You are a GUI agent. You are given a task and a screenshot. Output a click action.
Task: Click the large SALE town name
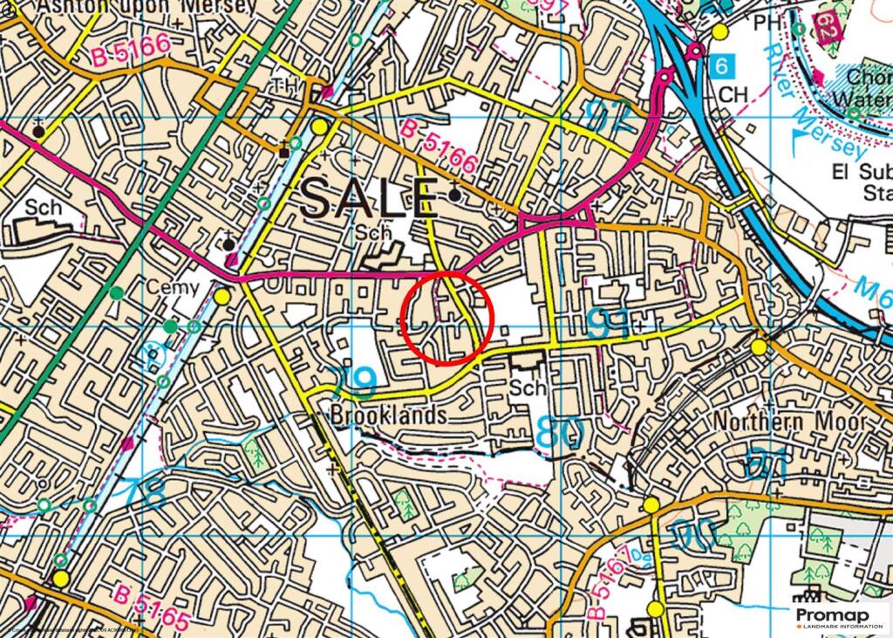pyautogui.click(x=369, y=200)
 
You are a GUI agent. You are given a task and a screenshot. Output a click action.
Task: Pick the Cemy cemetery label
pyautogui.click(x=173, y=289)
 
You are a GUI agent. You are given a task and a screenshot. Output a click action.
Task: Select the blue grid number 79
pyautogui.click(x=353, y=381)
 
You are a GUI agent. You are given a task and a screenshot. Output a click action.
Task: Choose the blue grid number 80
pyautogui.click(x=558, y=433)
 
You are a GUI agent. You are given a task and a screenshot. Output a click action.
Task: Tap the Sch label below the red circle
pyautogui.click(x=529, y=388)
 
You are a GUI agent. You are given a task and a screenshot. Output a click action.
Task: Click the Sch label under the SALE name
pyautogui.click(x=375, y=234)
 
